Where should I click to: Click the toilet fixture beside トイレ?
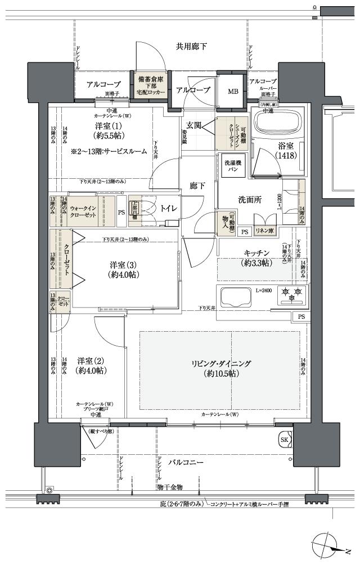(x=142, y=208)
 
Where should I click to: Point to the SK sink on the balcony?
(x=285, y=439)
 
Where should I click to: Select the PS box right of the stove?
(x=301, y=317)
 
